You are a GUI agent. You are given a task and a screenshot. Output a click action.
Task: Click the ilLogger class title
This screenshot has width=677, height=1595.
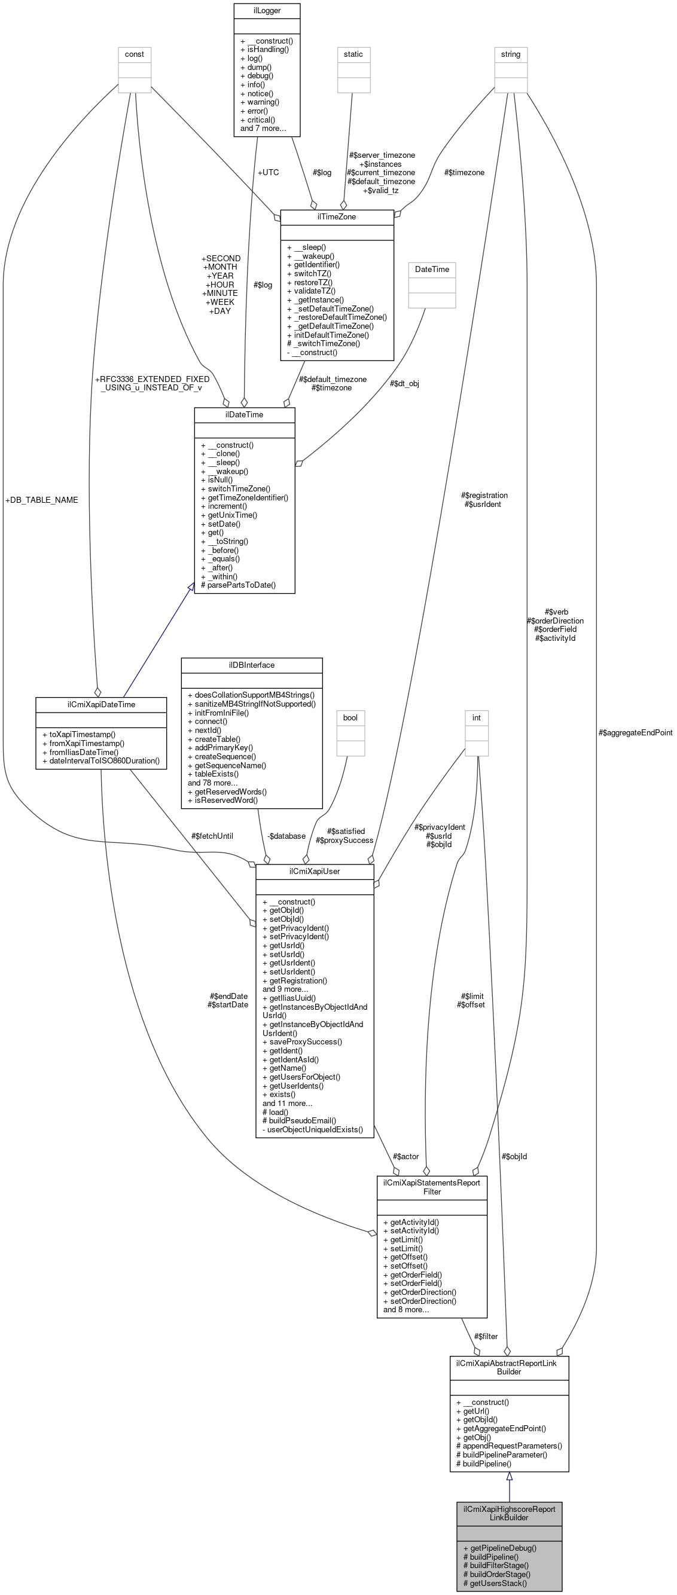(266, 11)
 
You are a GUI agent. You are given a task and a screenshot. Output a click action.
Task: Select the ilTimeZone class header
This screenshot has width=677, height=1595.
(336, 216)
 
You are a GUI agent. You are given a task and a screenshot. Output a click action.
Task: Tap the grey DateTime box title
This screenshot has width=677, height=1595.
(432, 270)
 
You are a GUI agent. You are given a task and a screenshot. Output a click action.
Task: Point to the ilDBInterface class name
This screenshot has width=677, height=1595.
(251, 664)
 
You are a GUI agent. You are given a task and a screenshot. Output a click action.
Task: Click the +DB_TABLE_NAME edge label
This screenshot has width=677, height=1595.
(41, 500)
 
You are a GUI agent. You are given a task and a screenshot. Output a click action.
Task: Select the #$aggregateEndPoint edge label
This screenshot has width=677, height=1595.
(636, 732)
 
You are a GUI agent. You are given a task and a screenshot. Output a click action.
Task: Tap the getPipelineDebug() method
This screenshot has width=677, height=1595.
(503, 1547)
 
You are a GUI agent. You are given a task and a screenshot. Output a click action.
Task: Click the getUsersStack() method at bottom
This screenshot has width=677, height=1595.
(498, 1582)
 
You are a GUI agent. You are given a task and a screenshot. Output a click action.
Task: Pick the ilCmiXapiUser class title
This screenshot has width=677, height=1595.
(314, 870)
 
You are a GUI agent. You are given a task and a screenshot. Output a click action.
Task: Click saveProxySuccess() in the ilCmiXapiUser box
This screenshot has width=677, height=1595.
(306, 1041)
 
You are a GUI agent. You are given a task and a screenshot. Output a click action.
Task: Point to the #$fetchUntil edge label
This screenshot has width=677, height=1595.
(212, 836)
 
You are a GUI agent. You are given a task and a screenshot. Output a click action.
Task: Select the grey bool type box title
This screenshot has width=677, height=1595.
(350, 717)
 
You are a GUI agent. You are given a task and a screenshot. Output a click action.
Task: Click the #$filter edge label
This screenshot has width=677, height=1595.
(486, 1336)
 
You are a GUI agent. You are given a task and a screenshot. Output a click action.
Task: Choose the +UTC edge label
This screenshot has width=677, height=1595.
(268, 172)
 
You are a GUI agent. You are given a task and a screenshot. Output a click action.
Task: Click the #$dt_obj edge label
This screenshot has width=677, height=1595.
(404, 383)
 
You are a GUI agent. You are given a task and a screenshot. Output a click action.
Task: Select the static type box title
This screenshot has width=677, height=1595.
(353, 54)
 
